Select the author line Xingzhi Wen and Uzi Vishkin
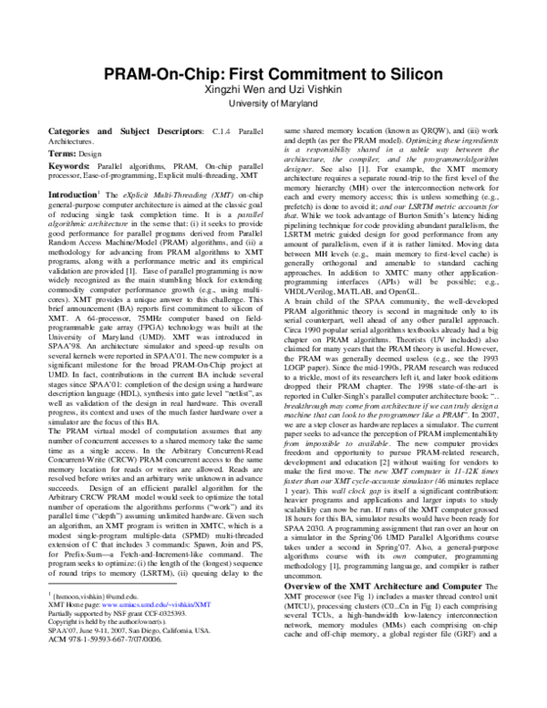[x=273, y=92]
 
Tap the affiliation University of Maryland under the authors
[x=273, y=107]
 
